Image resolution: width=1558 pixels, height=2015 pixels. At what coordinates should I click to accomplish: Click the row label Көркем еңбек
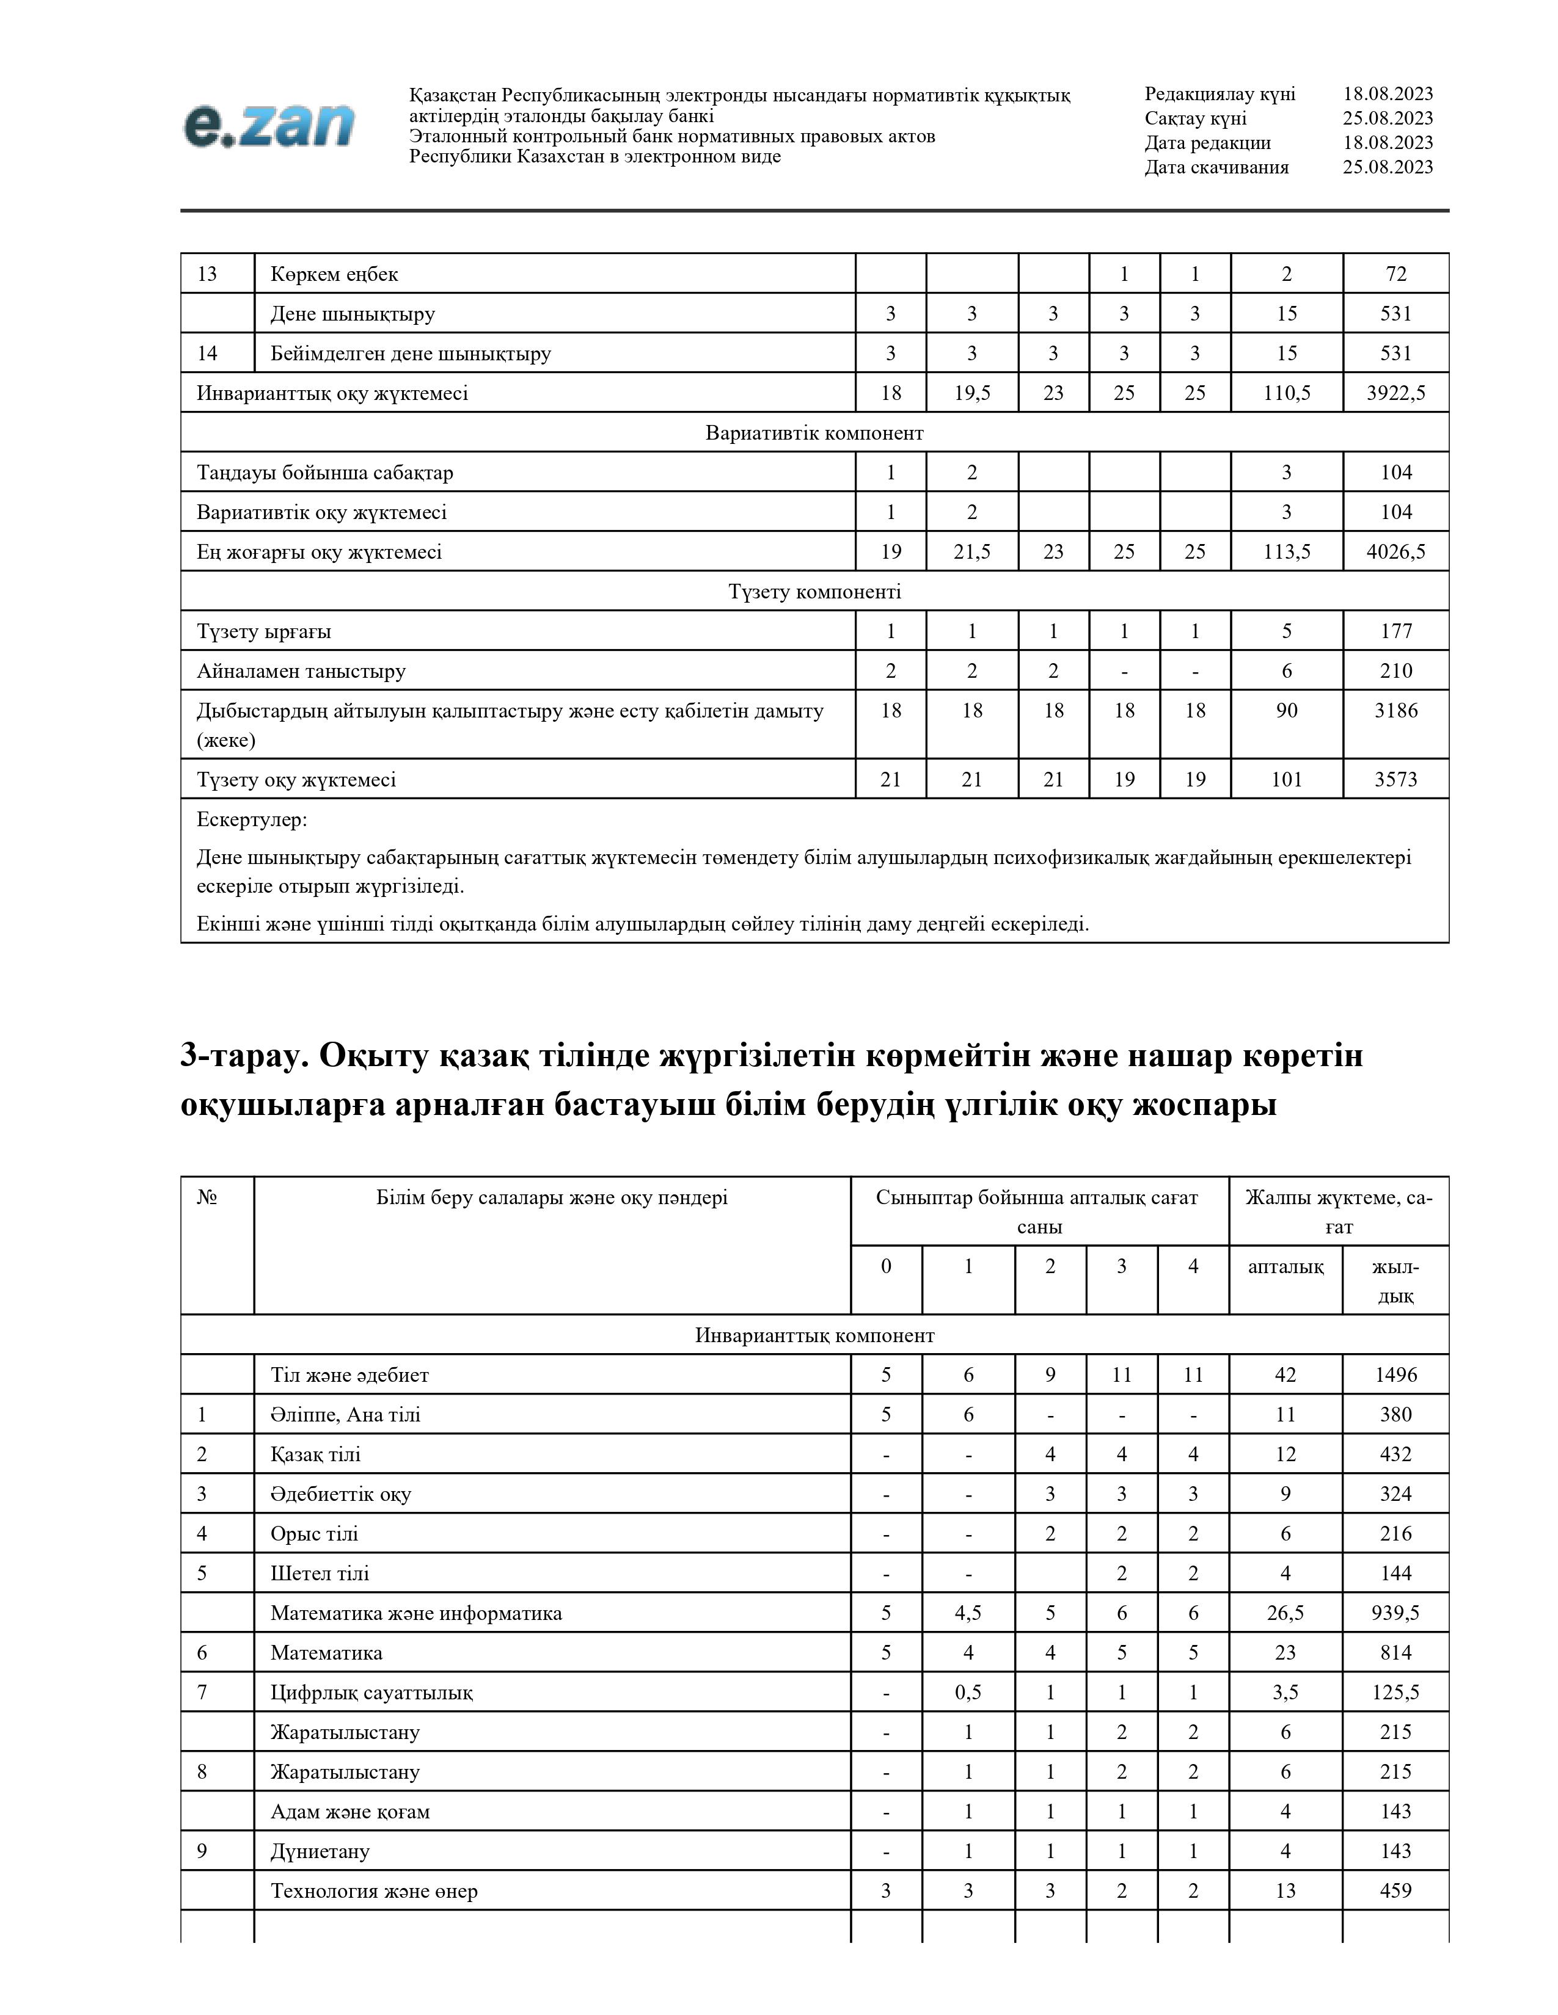(x=334, y=274)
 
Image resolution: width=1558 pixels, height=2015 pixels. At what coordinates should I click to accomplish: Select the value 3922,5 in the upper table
(x=1395, y=393)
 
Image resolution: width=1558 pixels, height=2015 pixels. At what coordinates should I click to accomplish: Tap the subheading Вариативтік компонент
(x=814, y=433)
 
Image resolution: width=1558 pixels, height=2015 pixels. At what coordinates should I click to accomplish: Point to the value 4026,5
(x=1395, y=552)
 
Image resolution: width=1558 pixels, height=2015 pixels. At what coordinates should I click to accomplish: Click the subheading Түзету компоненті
(x=814, y=592)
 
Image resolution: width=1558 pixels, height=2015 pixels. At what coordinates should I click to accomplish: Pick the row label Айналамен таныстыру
(x=301, y=670)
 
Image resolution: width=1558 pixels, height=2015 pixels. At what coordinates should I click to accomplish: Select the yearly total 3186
(x=1395, y=710)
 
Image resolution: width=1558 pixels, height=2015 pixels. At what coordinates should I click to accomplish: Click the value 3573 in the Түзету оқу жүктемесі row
(x=1395, y=780)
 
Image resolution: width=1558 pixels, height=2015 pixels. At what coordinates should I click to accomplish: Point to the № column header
(x=207, y=1197)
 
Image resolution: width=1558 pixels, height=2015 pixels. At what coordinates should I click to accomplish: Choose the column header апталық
(x=1286, y=1267)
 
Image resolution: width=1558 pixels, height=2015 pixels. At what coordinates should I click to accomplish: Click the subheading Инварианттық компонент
(x=814, y=1335)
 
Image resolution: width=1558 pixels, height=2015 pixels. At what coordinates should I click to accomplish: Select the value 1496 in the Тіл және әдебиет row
(x=1395, y=1374)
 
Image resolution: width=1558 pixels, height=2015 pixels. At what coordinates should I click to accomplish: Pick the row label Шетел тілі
(x=320, y=1573)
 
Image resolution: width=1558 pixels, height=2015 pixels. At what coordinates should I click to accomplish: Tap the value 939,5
(x=1395, y=1613)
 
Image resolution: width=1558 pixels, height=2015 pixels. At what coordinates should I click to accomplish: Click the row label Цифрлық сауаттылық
(x=371, y=1692)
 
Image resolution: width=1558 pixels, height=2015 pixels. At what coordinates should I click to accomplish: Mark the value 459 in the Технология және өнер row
(x=1395, y=1890)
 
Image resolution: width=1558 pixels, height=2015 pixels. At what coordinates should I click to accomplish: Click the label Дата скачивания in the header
(x=1216, y=167)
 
